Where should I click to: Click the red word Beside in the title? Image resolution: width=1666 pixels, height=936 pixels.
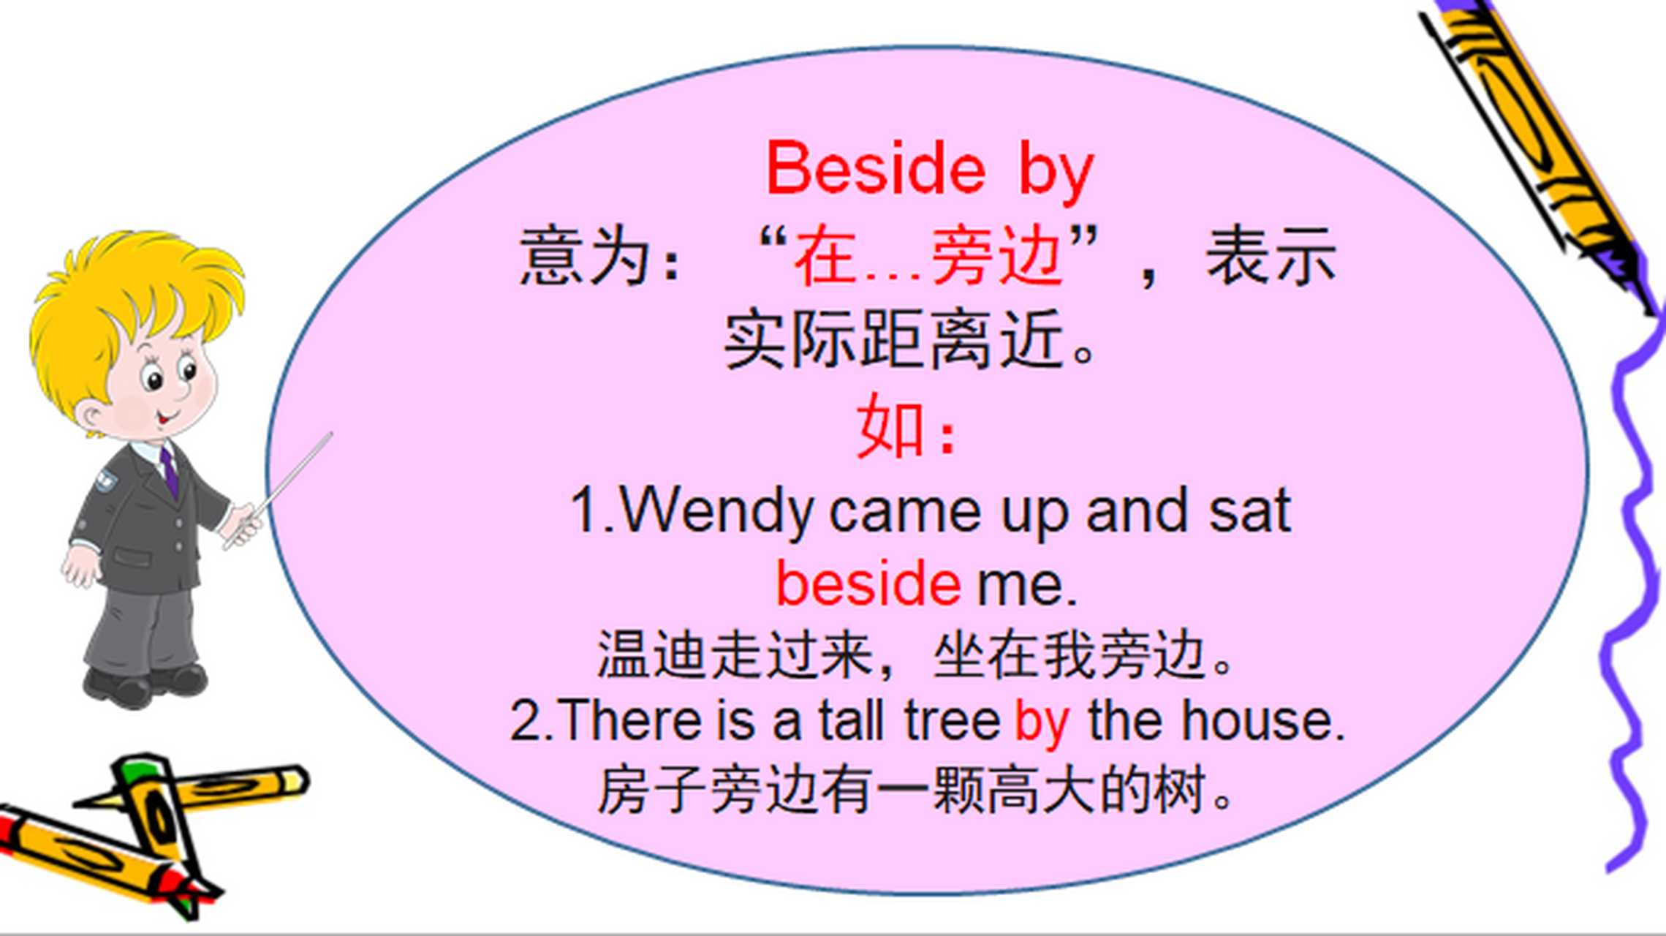(875, 170)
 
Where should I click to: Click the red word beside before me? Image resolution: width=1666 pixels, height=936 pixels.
(868, 584)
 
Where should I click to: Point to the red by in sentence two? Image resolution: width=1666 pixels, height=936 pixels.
(1042, 722)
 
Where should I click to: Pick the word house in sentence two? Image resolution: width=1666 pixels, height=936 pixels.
(1262, 721)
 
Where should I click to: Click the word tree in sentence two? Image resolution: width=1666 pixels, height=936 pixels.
(952, 721)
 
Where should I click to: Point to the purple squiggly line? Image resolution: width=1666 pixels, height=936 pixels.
(1630, 585)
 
